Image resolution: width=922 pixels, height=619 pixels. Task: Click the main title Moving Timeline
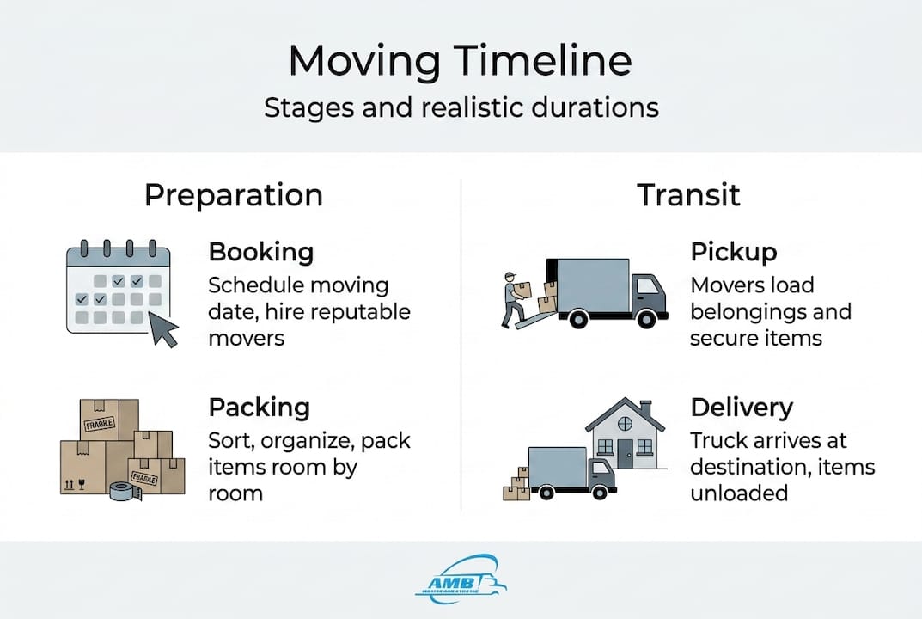tap(460, 62)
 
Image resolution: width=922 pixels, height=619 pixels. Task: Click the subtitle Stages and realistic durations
tap(461, 108)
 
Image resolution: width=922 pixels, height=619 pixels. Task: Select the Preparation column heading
tap(233, 195)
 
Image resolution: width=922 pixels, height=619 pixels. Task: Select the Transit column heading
tap(687, 195)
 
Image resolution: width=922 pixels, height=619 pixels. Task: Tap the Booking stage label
tap(260, 252)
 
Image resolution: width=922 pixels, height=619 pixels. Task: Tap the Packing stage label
tap(260, 408)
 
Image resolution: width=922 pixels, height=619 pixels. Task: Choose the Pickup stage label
tap(733, 252)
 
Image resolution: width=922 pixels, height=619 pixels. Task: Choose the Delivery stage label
tap(741, 408)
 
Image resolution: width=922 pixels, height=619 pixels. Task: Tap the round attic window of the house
tap(624, 422)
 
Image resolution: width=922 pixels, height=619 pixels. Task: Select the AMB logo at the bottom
tap(461, 577)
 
